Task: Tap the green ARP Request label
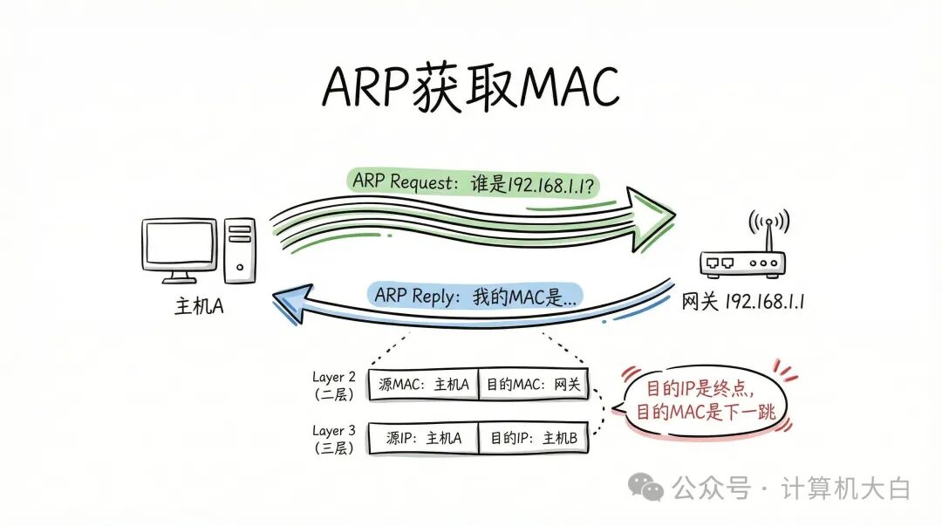click(x=475, y=182)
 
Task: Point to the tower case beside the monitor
click(x=239, y=250)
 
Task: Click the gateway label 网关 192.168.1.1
click(x=742, y=302)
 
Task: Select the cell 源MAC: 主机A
click(x=424, y=385)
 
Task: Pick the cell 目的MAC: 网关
click(x=534, y=385)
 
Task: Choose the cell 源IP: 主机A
click(x=424, y=438)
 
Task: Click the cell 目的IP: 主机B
click(x=534, y=438)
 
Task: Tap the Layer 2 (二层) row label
click(x=334, y=385)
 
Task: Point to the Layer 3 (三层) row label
click(x=334, y=438)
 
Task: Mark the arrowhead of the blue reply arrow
click(x=288, y=300)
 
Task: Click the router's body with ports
click(x=742, y=263)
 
